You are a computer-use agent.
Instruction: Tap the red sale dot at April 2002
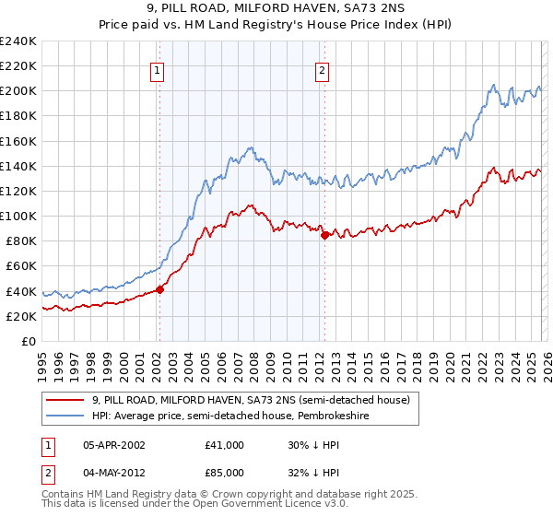click(x=159, y=289)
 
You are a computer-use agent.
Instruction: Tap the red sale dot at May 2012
click(x=324, y=235)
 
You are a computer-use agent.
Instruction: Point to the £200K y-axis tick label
click(x=18, y=91)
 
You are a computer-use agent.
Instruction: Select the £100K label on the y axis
click(x=18, y=216)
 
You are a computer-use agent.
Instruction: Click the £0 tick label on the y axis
click(x=29, y=341)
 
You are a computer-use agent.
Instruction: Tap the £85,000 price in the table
click(x=225, y=474)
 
